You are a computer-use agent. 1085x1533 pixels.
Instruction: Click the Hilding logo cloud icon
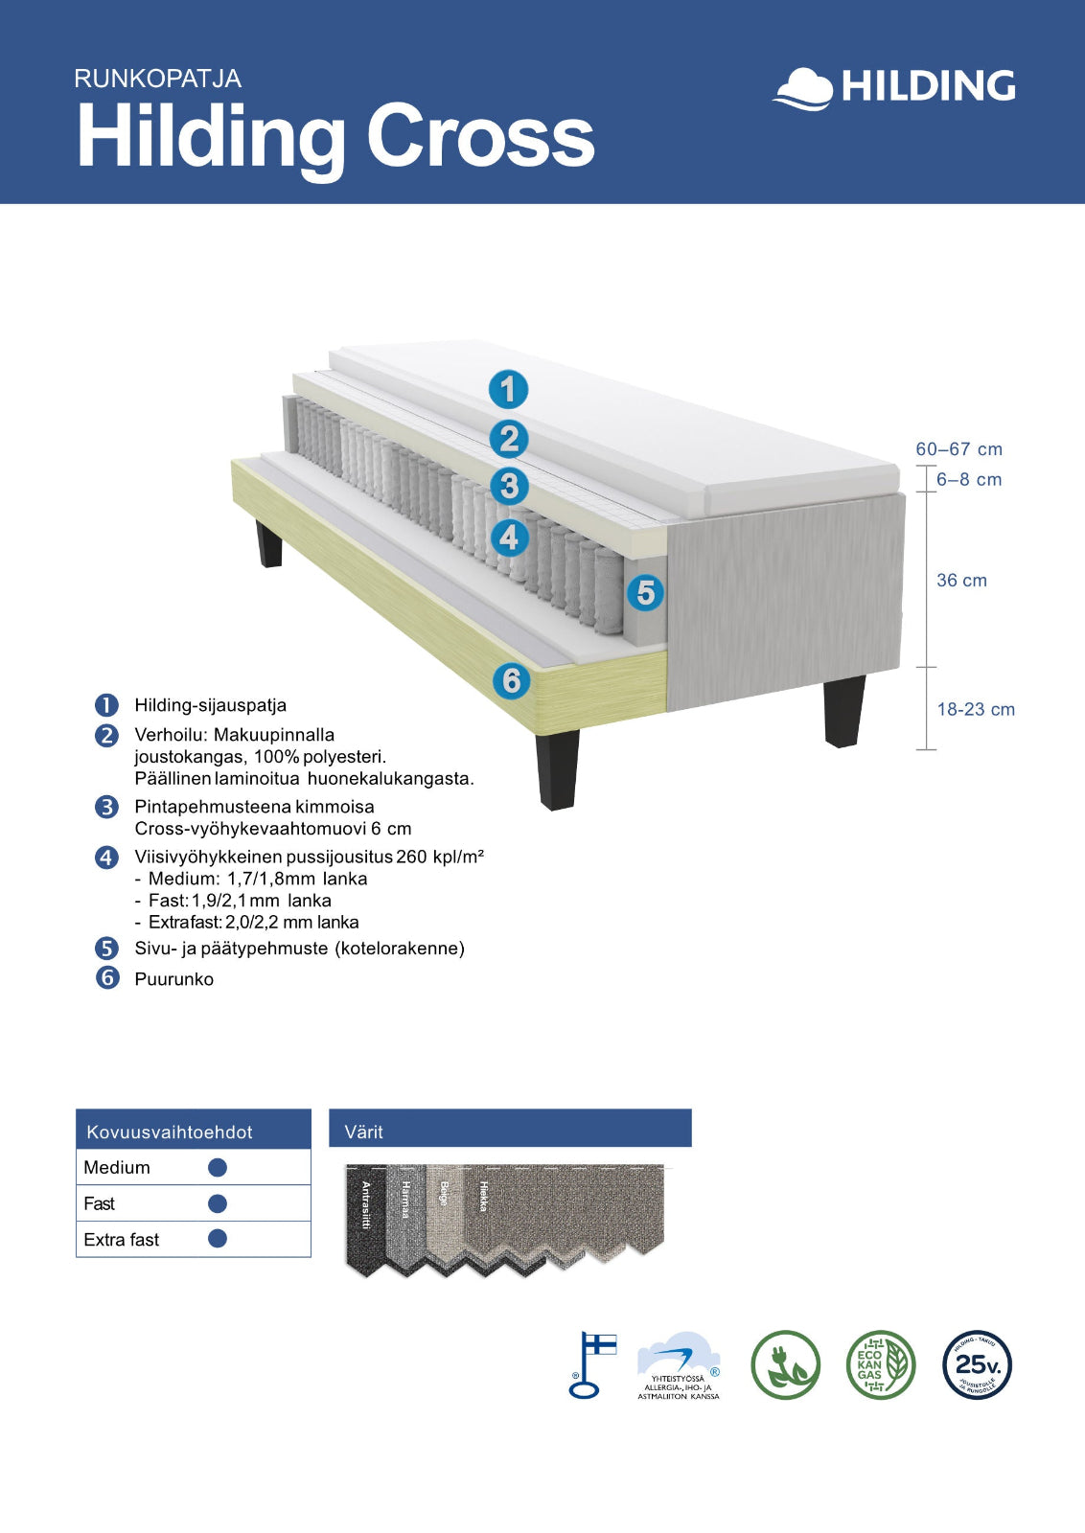tap(803, 89)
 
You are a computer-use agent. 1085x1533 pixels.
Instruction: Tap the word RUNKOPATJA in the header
tap(157, 79)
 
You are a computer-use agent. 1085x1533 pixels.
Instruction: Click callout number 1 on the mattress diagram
tap(508, 390)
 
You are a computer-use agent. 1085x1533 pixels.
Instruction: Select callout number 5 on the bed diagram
tap(645, 592)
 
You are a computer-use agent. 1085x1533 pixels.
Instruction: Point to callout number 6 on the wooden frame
tap(512, 680)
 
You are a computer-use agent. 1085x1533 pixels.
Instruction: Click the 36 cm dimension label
tap(961, 581)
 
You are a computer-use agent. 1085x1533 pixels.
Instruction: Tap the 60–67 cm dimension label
tap(958, 449)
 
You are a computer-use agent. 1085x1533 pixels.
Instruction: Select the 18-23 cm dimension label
tap(976, 710)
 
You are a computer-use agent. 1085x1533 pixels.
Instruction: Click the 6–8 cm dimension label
tap(969, 480)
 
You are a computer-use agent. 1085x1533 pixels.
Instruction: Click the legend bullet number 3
tap(106, 807)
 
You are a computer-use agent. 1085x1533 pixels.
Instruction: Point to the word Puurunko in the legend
tap(173, 979)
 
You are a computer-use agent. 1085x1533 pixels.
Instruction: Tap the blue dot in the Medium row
tap(218, 1167)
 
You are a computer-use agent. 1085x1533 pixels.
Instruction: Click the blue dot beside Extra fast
tap(218, 1239)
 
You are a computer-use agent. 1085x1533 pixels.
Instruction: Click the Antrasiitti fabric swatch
tap(365, 1217)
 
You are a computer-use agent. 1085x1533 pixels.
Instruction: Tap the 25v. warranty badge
tap(977, 1365)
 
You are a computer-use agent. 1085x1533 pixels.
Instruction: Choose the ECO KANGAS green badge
tap(880, 1365)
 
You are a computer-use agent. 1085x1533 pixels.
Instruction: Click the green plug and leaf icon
tap(785, 1365)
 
